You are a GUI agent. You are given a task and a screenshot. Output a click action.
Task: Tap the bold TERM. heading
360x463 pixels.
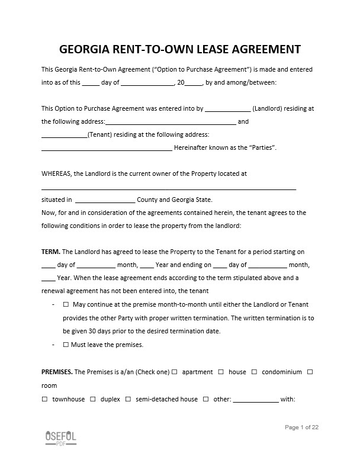point(51,252)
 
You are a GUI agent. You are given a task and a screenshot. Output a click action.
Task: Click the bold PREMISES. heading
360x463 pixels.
point(57,372)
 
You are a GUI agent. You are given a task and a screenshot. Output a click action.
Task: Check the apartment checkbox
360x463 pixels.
point(175,372)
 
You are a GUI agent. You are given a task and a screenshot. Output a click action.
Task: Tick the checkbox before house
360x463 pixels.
point(221,372)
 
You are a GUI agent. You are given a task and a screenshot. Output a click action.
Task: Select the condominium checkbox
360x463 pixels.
point(254,372)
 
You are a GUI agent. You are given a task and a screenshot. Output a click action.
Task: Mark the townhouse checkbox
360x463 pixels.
point(44,399)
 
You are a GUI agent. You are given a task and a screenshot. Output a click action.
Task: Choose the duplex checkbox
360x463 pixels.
point(93,399)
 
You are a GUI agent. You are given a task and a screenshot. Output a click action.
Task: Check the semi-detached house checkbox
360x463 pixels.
point(127,399)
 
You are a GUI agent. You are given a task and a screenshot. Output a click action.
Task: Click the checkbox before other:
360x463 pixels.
point(205,399)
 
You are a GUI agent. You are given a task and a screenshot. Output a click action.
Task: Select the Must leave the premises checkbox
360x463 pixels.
point(66,345)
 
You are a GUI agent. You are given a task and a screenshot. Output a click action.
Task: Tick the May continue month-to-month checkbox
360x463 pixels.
point(66,304)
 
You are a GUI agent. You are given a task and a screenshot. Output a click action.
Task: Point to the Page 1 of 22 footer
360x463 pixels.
point(302,427)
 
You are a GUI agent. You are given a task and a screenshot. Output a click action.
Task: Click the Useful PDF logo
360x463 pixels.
point(60,438)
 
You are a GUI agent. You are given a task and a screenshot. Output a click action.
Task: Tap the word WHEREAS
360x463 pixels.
point(56,173)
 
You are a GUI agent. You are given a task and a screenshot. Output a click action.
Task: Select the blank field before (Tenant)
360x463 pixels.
point(64,135)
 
